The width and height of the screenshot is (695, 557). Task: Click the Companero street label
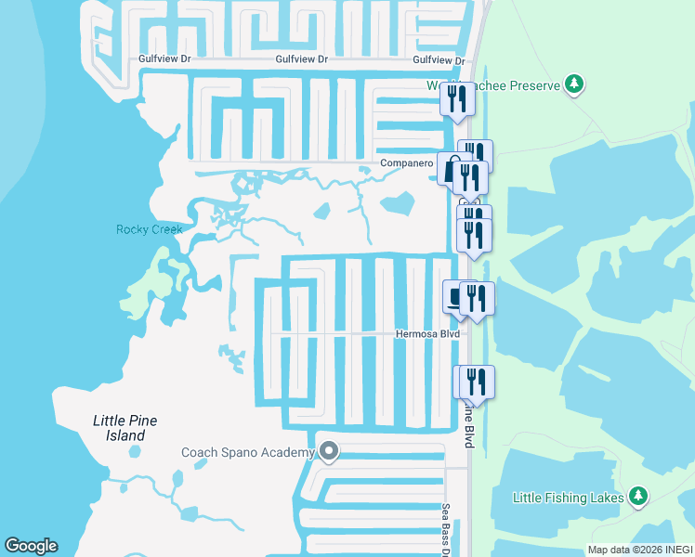point(407,163)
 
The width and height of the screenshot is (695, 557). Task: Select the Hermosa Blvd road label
point(427,332)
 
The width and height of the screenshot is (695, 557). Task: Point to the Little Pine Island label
point(125,428)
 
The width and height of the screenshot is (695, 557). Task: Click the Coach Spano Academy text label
point(248,452)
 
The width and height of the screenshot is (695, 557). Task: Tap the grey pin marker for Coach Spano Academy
point(328,451)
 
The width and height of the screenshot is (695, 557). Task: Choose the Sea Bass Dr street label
point(446,525)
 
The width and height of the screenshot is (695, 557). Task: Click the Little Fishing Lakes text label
point(569,498)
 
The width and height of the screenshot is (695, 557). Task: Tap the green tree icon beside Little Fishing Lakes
point(637,496)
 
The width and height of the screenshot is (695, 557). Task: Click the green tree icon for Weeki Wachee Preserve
point(575,84)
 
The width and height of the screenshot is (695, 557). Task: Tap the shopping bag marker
point(453,170)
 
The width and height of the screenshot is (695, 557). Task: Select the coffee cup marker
point(456,296)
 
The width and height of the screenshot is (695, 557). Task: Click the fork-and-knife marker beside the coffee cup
point(477,299)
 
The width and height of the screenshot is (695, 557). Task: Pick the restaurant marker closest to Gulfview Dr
point(456,99)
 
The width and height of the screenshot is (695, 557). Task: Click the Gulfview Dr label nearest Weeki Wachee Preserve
point(439,59)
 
